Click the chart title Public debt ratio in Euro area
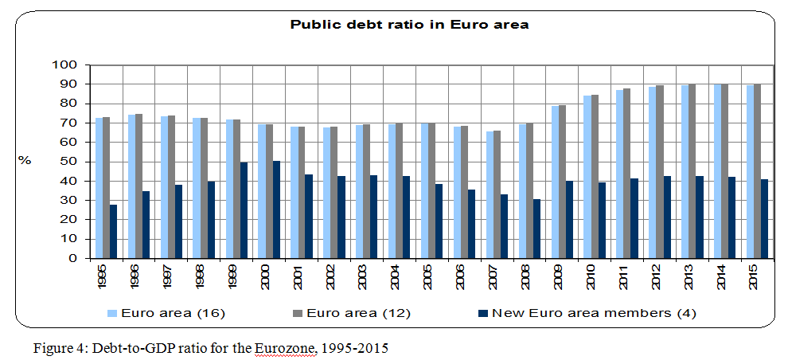click(x=409, y=25)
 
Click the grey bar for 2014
click(x=724, y=170)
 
